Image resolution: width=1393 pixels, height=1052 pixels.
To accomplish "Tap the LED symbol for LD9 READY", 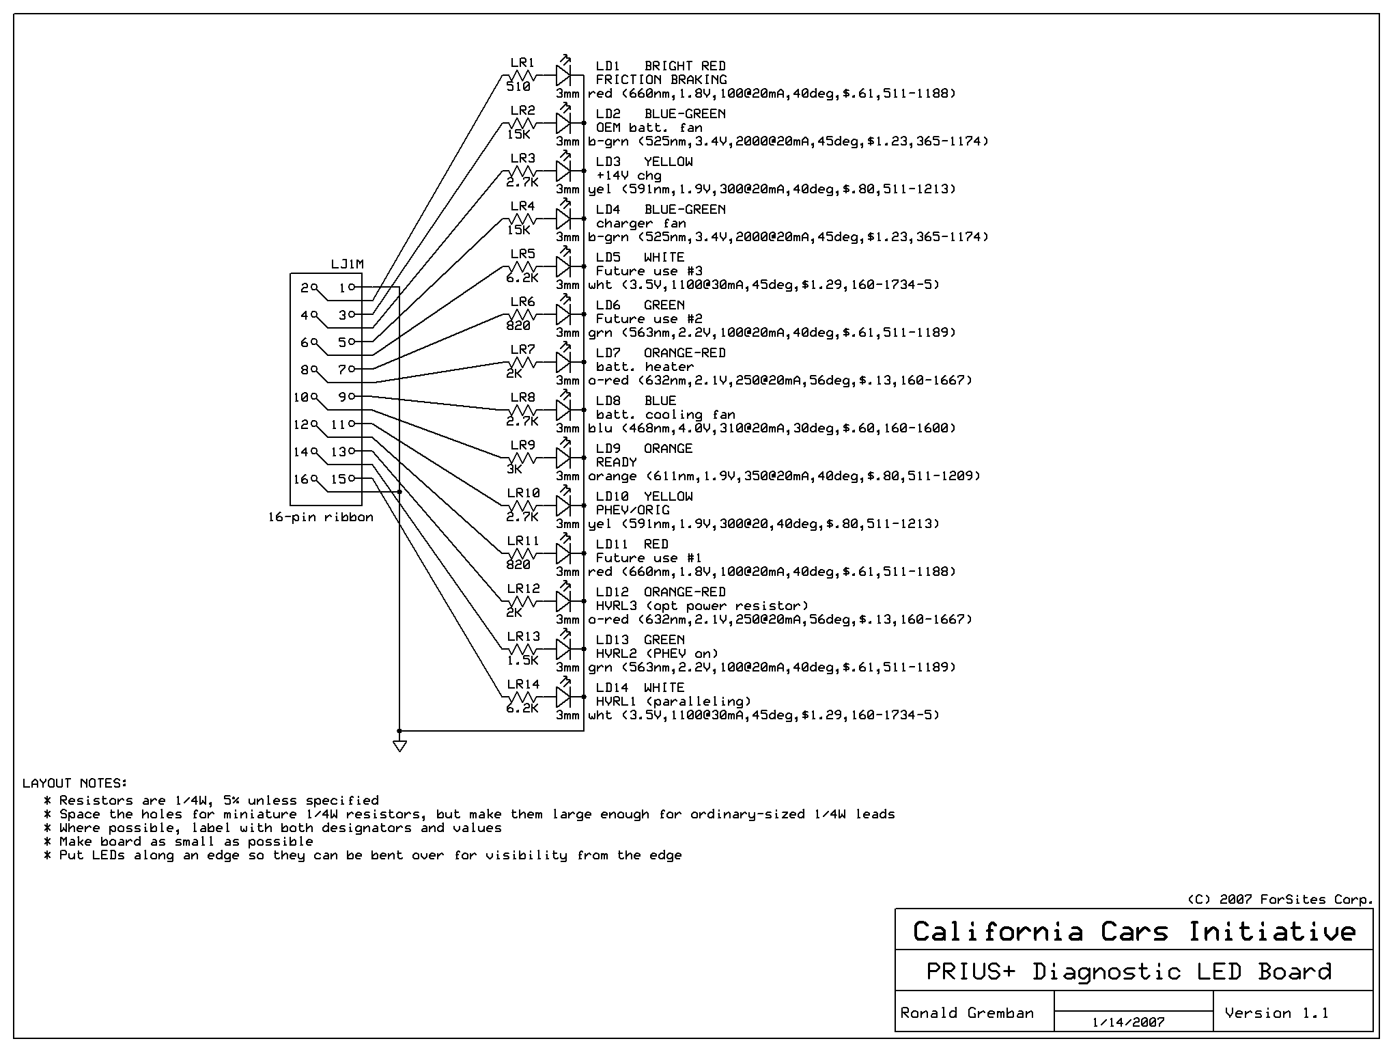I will click(563, 458).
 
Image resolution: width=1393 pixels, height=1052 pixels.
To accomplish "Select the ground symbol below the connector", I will click(400, 745).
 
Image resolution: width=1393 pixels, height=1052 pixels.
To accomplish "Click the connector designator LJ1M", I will click(347, 264).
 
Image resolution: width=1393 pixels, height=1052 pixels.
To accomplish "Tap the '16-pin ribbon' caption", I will click(321, 517).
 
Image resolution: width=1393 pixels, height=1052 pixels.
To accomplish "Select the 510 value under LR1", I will click(518, 87).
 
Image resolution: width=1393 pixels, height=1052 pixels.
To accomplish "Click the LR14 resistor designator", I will click(523, 684).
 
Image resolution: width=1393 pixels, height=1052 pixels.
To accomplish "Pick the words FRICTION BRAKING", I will click(661, 79).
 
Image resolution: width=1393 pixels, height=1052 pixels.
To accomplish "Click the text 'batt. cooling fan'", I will click(665, 414).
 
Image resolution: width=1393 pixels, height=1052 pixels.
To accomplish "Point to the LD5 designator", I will click(608, 257).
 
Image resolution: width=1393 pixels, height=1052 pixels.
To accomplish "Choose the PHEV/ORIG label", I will click(632, 510).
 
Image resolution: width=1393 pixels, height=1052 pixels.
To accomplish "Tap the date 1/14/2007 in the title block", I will click(1128, 1023).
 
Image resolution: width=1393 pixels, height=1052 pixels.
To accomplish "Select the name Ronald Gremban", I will click(967, 1012).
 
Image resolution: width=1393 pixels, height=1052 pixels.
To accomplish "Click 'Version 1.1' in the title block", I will click(1276, 1012).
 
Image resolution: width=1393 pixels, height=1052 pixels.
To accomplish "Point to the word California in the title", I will click(998, 932).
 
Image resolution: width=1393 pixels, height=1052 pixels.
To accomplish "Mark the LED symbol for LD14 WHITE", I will click(563, 697).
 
